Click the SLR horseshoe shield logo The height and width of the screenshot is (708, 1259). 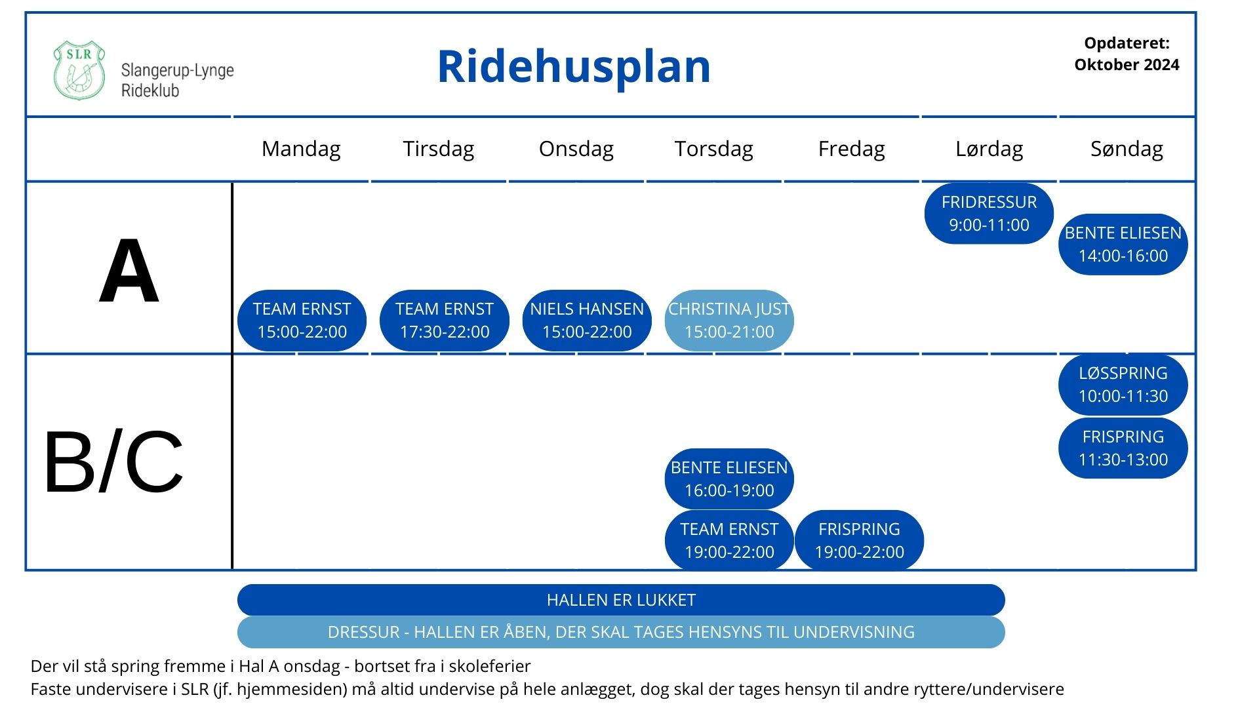click(x=79, y=70)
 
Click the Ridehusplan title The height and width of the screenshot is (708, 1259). click(x=574, y=67)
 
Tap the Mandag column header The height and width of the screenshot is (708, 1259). click(x=301, y=149)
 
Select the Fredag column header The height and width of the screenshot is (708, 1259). click(x=851, y=149)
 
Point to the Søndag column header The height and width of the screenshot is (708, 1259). click(x=1127, y=149)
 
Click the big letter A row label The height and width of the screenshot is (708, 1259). click(x=129, y=271)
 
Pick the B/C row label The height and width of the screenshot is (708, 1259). click(x=113, y=462)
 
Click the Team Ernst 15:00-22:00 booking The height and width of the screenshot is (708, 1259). click(x=302, y=321)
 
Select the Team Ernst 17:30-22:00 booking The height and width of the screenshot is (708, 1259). click(x=445, y=321)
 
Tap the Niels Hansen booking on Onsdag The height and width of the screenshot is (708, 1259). click(x=587, y=321)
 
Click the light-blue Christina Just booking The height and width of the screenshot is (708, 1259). click(x=729, y=321)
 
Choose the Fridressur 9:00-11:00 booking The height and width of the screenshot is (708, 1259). click(x=989, y=214)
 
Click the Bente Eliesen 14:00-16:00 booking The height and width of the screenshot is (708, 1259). click(x=1123, y=245)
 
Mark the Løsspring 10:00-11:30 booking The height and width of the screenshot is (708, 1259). click(x=1123, y=385)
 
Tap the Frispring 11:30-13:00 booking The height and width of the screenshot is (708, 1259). click(x=1123, y=448)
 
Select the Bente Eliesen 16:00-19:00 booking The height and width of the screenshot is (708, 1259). click(x=729, y=479)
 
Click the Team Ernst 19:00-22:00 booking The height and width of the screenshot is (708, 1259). click(x=729, y=541)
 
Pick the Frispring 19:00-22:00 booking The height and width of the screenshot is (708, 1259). click(x=859, y=541)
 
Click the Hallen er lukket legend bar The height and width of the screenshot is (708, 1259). click(x=621, y=600)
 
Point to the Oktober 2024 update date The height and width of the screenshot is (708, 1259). click(x=1127, y=65)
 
